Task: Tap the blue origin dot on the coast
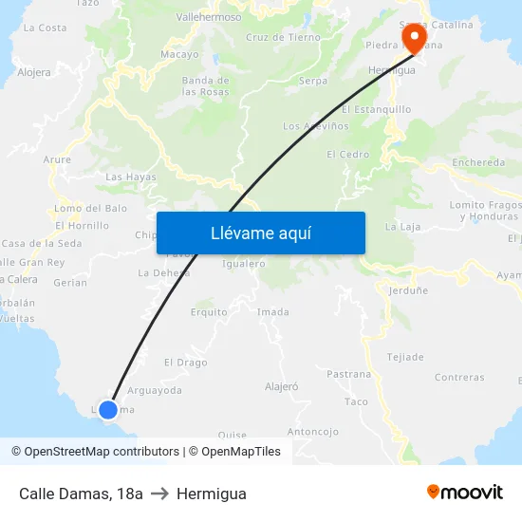[x=108, y=410]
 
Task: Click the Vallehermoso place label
[x=209, y=17]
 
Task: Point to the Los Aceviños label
[x=310, y=126]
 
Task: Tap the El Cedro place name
[x=347, y=154]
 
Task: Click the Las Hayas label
[x=130, y=177]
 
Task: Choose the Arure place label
[x=57, y=159]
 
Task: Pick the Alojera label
[x=34, y=72]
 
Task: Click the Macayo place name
[x=179, y=55]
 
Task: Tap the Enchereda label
[x=479, y=162]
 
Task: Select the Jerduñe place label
[x=409, y=291]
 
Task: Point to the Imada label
[x=273, y=311]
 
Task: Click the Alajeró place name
[x=282, y=386]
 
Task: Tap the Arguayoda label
[x=154, y=390]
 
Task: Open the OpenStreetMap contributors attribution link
[x=102, y=452]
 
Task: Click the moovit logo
[x=464, y=493]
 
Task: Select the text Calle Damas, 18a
[x=81, y=494]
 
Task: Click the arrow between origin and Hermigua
[x=159, y=494]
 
